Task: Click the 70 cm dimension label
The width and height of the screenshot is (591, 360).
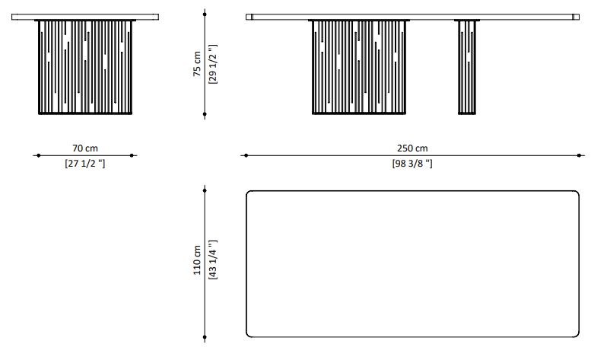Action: pyautogui.click(x=85, y=148)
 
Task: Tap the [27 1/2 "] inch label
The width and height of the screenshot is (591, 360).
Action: pyautogui.click(x=85, y=163)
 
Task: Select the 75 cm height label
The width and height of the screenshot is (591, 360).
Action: pyautogui.click(x=197, y=64)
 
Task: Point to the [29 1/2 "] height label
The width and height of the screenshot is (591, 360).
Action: pyautogui.click(x=212, y=64)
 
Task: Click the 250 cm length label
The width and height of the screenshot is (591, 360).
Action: pyautogui.click(x=412, y=148)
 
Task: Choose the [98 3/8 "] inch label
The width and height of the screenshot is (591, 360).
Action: pyautogui.click(x=412, y=163)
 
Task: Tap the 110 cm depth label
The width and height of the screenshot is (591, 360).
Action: pyautogui.click(x=197, y=260)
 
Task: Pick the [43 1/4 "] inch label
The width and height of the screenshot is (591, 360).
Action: pyautogui.click(x=212, y=260)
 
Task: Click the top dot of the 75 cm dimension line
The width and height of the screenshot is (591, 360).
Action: pyautogui.click(x=205, y=14)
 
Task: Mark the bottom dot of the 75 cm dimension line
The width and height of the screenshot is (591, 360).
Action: pyautogui.click(x=205, y=114)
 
